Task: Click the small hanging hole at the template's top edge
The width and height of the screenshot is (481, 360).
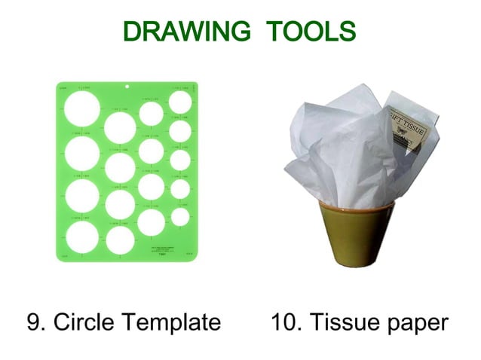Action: pos(127,87)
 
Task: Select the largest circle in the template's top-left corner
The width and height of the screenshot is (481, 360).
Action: pos(81,111)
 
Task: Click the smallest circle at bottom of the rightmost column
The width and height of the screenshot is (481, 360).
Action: pos(180,217)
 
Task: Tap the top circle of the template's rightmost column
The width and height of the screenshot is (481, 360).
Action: pos(180,102)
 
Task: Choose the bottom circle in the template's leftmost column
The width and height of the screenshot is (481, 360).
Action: pos(81,236)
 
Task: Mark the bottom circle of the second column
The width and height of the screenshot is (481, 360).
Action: pos(120,240)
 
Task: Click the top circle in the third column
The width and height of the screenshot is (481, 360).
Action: pos(151,113)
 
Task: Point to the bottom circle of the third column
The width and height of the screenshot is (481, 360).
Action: pos(151,221)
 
